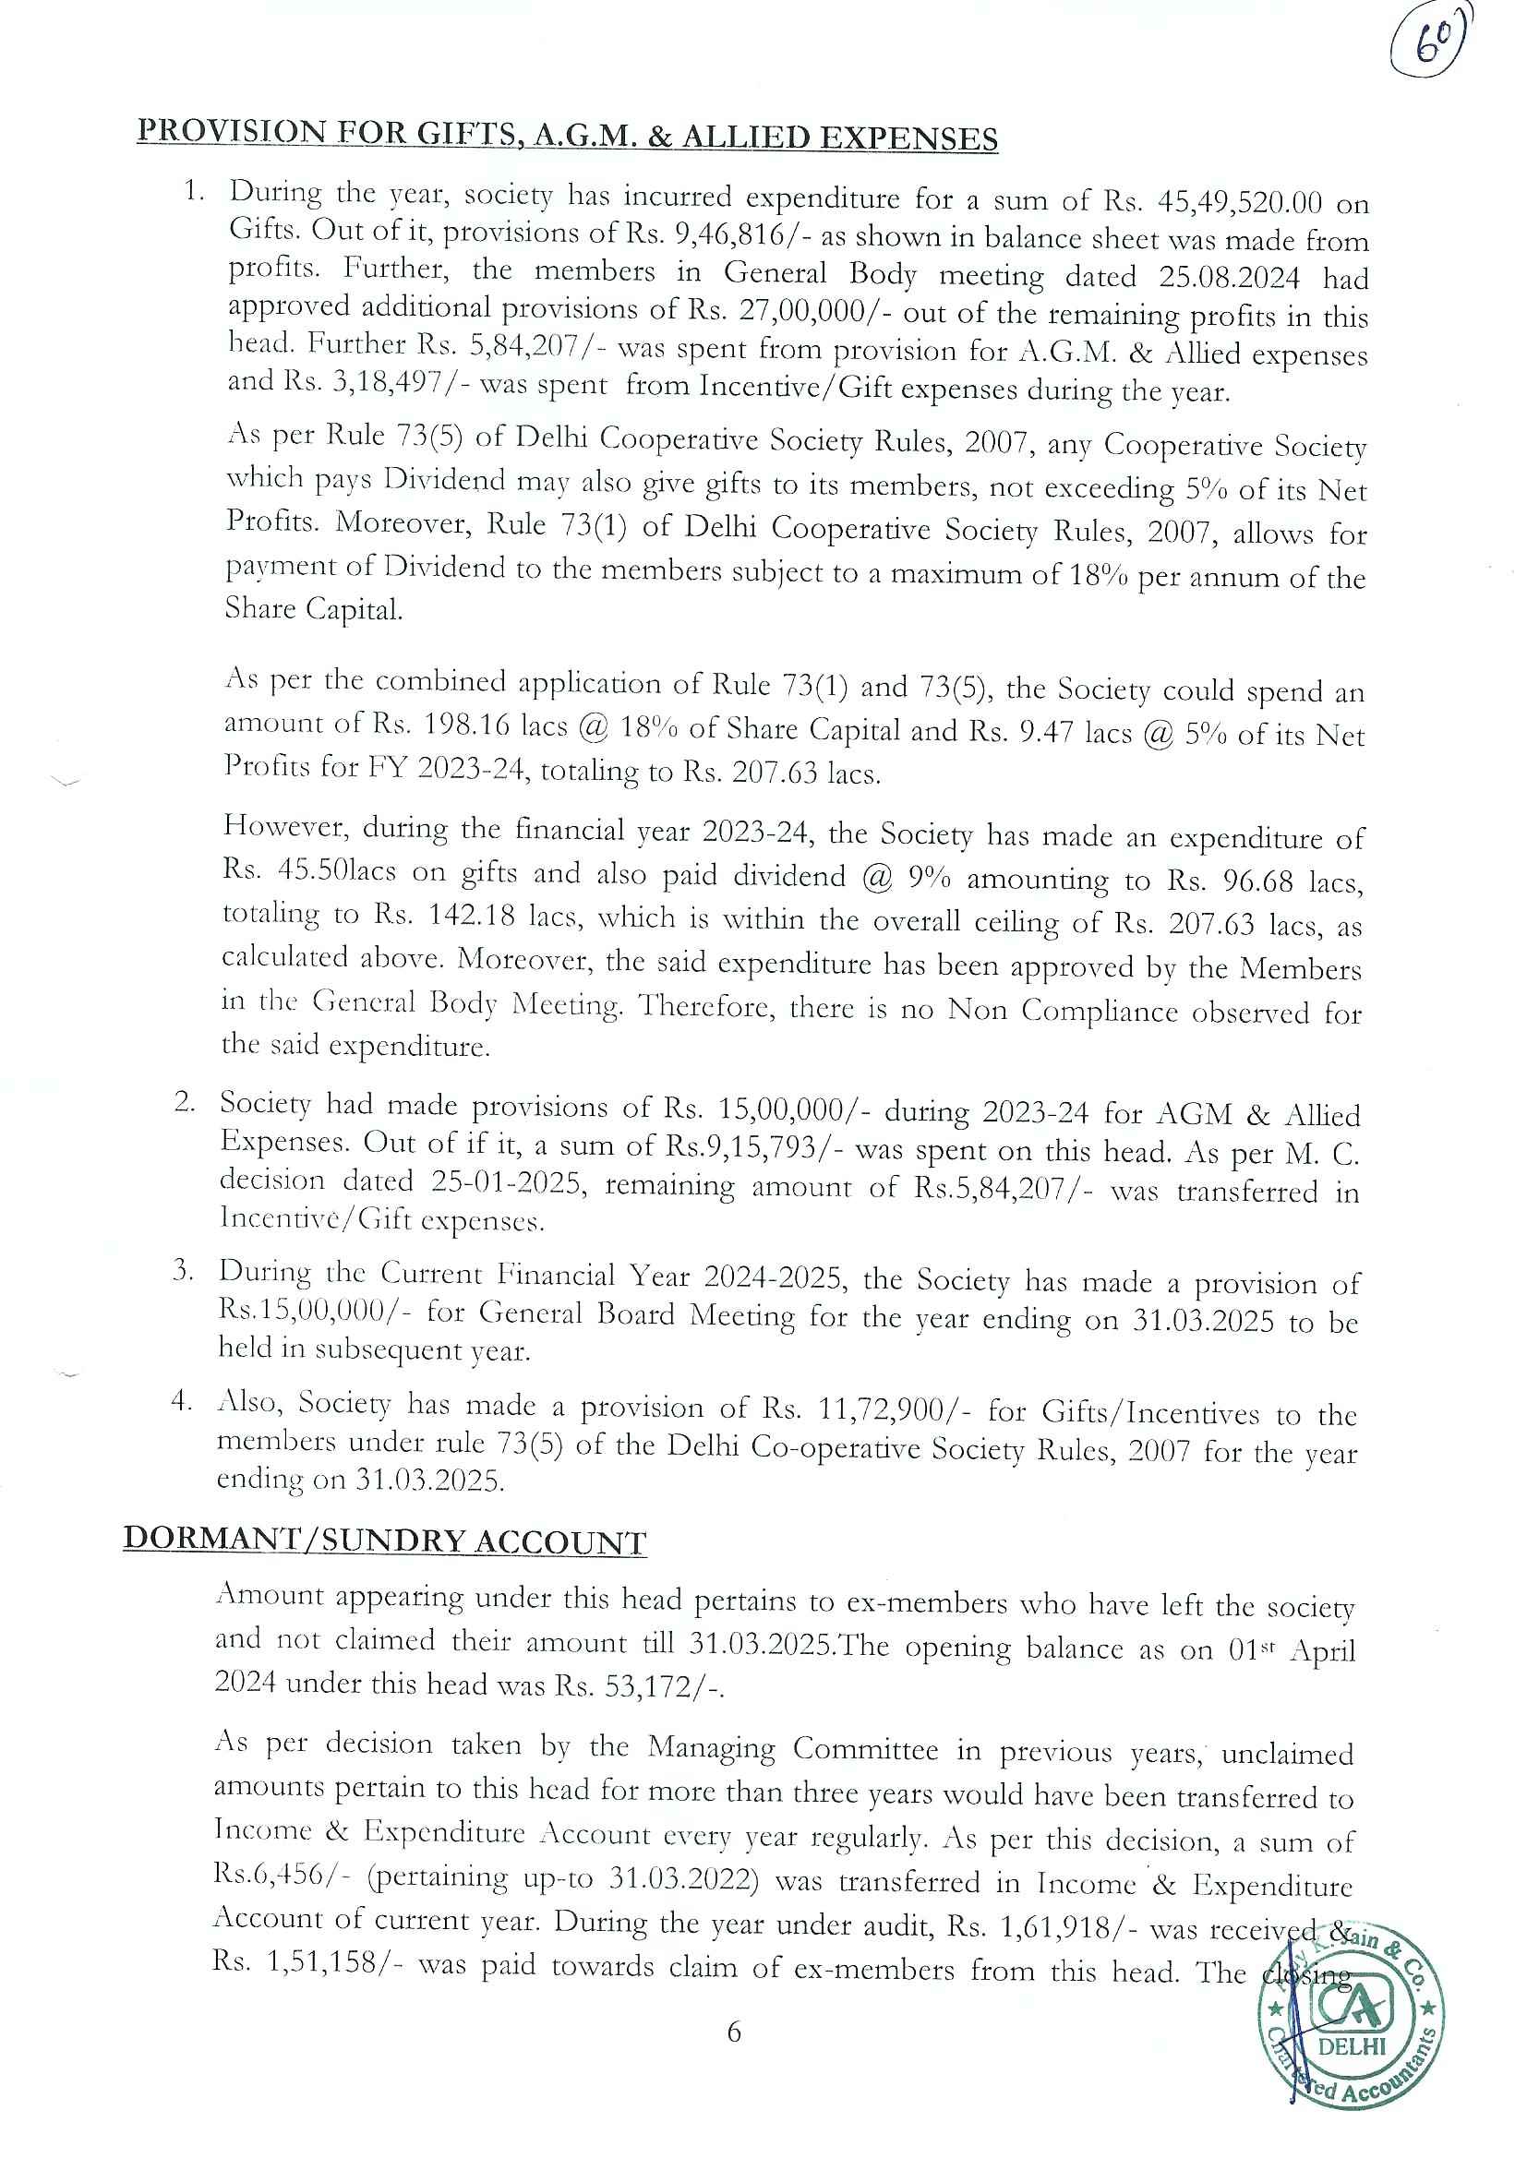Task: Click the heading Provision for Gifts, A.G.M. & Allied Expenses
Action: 567,137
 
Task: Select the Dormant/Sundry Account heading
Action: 385,1542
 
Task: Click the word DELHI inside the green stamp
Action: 1353,2071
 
